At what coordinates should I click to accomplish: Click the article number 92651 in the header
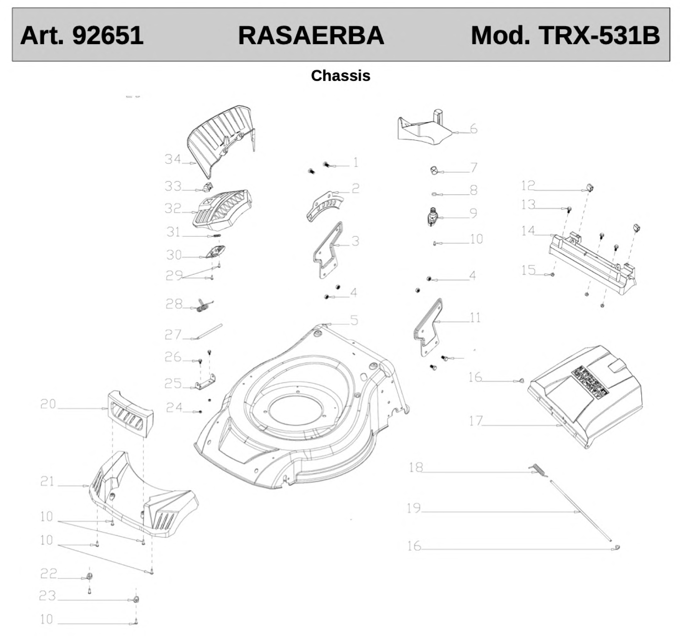tap(108, 36)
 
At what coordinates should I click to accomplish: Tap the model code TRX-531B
tap(599, 36)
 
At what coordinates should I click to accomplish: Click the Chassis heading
tap(340, 76)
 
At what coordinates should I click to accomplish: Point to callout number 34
tap(173, 159)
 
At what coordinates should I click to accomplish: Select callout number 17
tap(475, 421)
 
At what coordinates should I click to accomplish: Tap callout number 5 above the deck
tap(354, 321)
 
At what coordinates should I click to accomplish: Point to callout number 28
tap(174, 304)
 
